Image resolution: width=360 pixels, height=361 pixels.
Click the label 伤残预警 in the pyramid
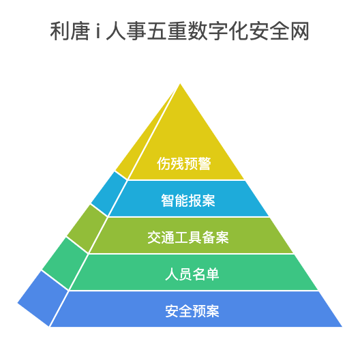(x=184, y=164)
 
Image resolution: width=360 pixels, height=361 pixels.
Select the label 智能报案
(x=188, y=201)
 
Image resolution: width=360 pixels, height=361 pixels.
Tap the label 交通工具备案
(x=188, y=237)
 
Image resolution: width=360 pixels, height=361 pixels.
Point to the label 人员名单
(x=192, y=274)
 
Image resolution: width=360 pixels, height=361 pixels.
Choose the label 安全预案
(x=192, y=311)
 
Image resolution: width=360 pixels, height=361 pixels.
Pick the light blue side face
(x=109, y=194)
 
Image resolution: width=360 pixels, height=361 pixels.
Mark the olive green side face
(x=87, y=229)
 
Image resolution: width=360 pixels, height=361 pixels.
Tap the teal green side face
(x=65, y=263)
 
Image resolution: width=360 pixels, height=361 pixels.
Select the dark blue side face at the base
(x=43, y=299)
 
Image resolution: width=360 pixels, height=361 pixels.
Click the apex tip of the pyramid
(x=180, y=84)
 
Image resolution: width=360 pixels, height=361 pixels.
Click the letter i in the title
(x=98, y=31)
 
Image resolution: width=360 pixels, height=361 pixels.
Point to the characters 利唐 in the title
(x=70, y=31)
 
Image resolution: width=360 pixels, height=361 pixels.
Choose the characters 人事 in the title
(x=126, y=31)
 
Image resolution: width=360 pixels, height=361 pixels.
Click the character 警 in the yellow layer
(x=205, y=164)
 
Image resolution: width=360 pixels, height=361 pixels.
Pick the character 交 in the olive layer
(x=154, y=237)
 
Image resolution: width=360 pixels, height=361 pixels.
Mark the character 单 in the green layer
(x=213, y=274)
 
